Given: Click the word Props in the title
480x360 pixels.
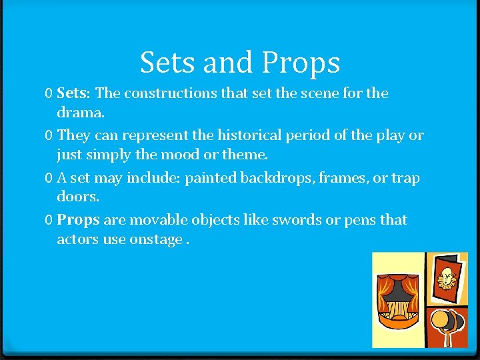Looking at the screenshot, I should [301, 63].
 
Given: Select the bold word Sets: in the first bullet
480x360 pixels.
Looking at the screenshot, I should [77, 93].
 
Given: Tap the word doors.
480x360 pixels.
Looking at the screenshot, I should [79, 197].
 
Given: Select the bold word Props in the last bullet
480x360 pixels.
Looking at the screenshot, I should [78, 220].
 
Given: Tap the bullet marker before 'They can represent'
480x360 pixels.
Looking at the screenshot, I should [49, 136].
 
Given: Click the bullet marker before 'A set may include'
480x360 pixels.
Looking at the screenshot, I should [49, 179].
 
